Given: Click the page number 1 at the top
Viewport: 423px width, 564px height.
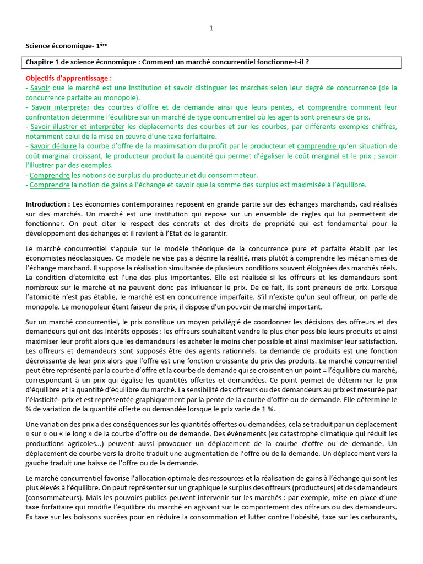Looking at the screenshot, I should point(211,29).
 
